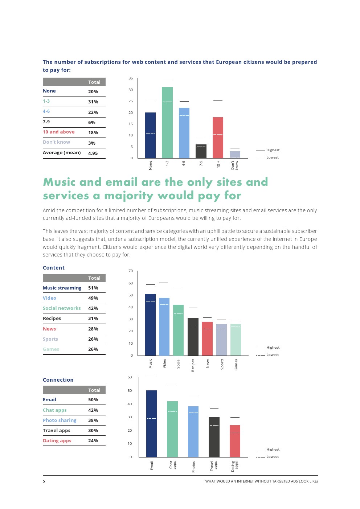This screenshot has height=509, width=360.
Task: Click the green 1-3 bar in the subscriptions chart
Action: pyautogui.click(x=167, y=123)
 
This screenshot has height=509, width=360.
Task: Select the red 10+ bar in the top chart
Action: pyautogui.click(x=218, y=137)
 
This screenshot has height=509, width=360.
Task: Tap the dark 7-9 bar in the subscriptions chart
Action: pyautogui.click(x=201, y=151)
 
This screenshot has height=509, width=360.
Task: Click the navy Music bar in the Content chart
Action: pyautogui.click(x=150, y=325)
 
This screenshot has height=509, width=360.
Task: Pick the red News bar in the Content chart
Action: pyautogui.click(x=207, y=338)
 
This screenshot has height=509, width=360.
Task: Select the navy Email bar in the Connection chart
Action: pyautogui.click(x=151, y=424)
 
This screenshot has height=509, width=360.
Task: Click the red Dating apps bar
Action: pyautogui.click(x=235, y=441)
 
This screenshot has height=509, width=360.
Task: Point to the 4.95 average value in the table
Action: pyautogui.click(x=93, y=153)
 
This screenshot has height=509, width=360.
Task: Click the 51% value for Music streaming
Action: pyautogui.click(x=93, y=288)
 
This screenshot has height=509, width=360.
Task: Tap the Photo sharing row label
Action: pyautogui.click(x=60, y=420)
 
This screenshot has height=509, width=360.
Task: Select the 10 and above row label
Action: pyautogui.click(x=59, y=132)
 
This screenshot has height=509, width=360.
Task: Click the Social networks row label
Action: pyautogui.click(x=62, y=308)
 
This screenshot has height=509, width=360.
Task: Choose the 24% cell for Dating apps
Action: pyautogui.click(x=93, y=441)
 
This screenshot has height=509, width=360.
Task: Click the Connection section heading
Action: pyautogui.click(x=58, y=380)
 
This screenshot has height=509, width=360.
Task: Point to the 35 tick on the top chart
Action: pyautogui.click(x=131, y=78)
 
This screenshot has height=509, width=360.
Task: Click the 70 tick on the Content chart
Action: pyautogui.click(x=131, y=271)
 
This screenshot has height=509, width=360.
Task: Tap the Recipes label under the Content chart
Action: pyautogui.click(x=193, y=365)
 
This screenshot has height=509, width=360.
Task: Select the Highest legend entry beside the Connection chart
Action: pyautogui.click(x=273, y=450)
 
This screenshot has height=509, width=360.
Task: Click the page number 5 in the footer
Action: pyautogui.click(x=44, y=481)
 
